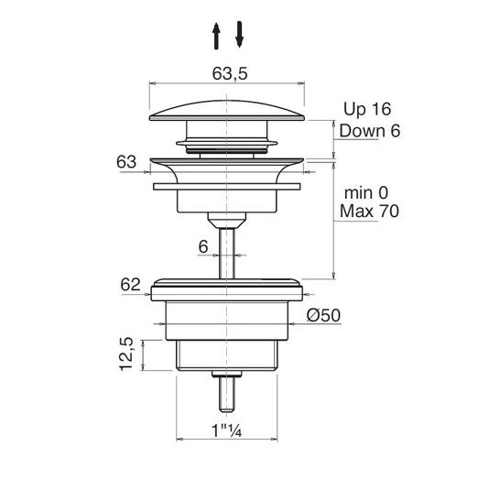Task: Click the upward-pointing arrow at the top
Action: coord(216,36)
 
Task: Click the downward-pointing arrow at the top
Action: coord(239,34)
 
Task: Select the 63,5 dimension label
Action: coord(230,73)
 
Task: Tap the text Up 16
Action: coord(367,109)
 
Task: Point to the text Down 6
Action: coord(369,131)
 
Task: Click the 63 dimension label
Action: coord(126,162)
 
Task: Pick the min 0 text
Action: coord(366,193)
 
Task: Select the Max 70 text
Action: coord(369,211)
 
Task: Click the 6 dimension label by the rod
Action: coord(203,246)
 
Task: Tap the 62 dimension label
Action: coord(130,285)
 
